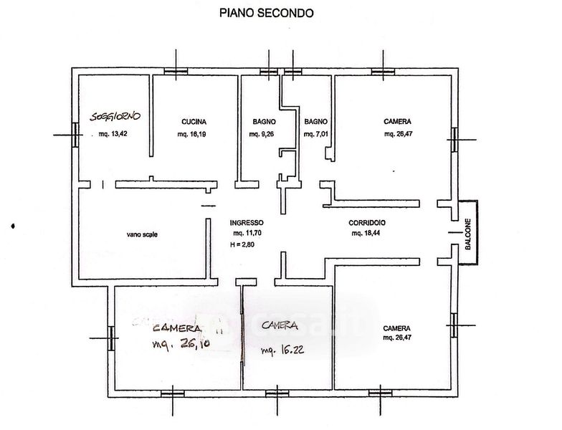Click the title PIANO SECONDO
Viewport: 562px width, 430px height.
pyautogui.click(x=265, y=12)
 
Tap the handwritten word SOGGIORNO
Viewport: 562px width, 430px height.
pyautogui.click(x=115, y=116)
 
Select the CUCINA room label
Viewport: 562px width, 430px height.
pyautogui.click(x=194, y=122)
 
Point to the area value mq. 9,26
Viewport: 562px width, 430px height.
pyautogui.click(x=262, y=134)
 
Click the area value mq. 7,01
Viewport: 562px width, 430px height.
pyautogui.click(x=316, y=134)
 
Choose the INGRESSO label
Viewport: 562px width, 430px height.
pyautogui.click(x=247, y=222)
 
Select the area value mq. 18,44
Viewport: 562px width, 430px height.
pyautogui.click(x=366, y=233)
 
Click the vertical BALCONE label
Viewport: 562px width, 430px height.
pyautogui.click(x=467, y=234)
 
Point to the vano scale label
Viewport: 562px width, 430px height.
pyautogui.click(x=141, y=234)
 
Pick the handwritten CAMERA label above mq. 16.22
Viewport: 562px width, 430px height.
pyautogui.click(x=280, y=327)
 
